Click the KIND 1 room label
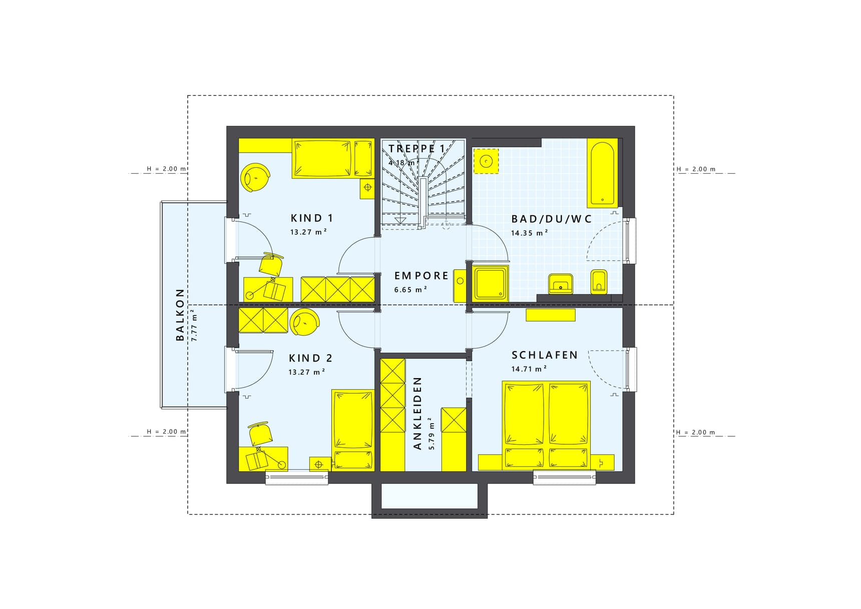pos(311,218)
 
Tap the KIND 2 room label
pos(310,359)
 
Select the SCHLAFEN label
pos(545,355)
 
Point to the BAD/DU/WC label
pos(551,219)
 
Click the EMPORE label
pos(421,275)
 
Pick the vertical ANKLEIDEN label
pos(418,413)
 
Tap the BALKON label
pos(180,315)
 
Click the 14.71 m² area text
pos(529,369)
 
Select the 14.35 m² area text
pos(529,233)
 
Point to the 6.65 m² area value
pos(410,289)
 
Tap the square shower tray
pos(491,283)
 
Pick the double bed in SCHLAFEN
pos(546,426)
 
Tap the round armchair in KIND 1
pos(255,177)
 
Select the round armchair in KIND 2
pos(304,322)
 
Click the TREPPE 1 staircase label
pos(416,149)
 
